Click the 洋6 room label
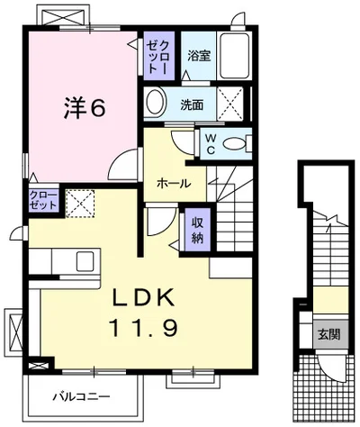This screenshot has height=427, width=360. (x=85, y=108)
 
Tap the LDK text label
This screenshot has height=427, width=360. (x=143, y=297)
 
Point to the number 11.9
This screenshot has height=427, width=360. (x=144, y=327)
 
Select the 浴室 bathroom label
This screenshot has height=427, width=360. (x=199, y=56)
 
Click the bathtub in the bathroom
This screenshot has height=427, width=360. (x=235, y=56)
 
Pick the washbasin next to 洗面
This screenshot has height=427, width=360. (x=156, y=101)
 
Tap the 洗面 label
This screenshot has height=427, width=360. (x=192, y=105)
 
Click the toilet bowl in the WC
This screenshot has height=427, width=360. (x=235, y=143)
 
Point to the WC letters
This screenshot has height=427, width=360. (x=211, y=144)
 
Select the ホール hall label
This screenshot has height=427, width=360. (x=174, y=183)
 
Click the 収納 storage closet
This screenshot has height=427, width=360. (x=197, y=230)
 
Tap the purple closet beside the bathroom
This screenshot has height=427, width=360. (x=158, y=56)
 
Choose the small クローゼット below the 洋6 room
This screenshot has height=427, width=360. (x=43, y=200)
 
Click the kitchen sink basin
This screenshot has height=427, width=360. (x=85, y=261)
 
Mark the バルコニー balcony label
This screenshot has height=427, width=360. (x=81, y=397)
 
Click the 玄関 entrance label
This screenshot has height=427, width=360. (x=329, y=334)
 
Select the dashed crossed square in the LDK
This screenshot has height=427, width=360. (x=80, y=204)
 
